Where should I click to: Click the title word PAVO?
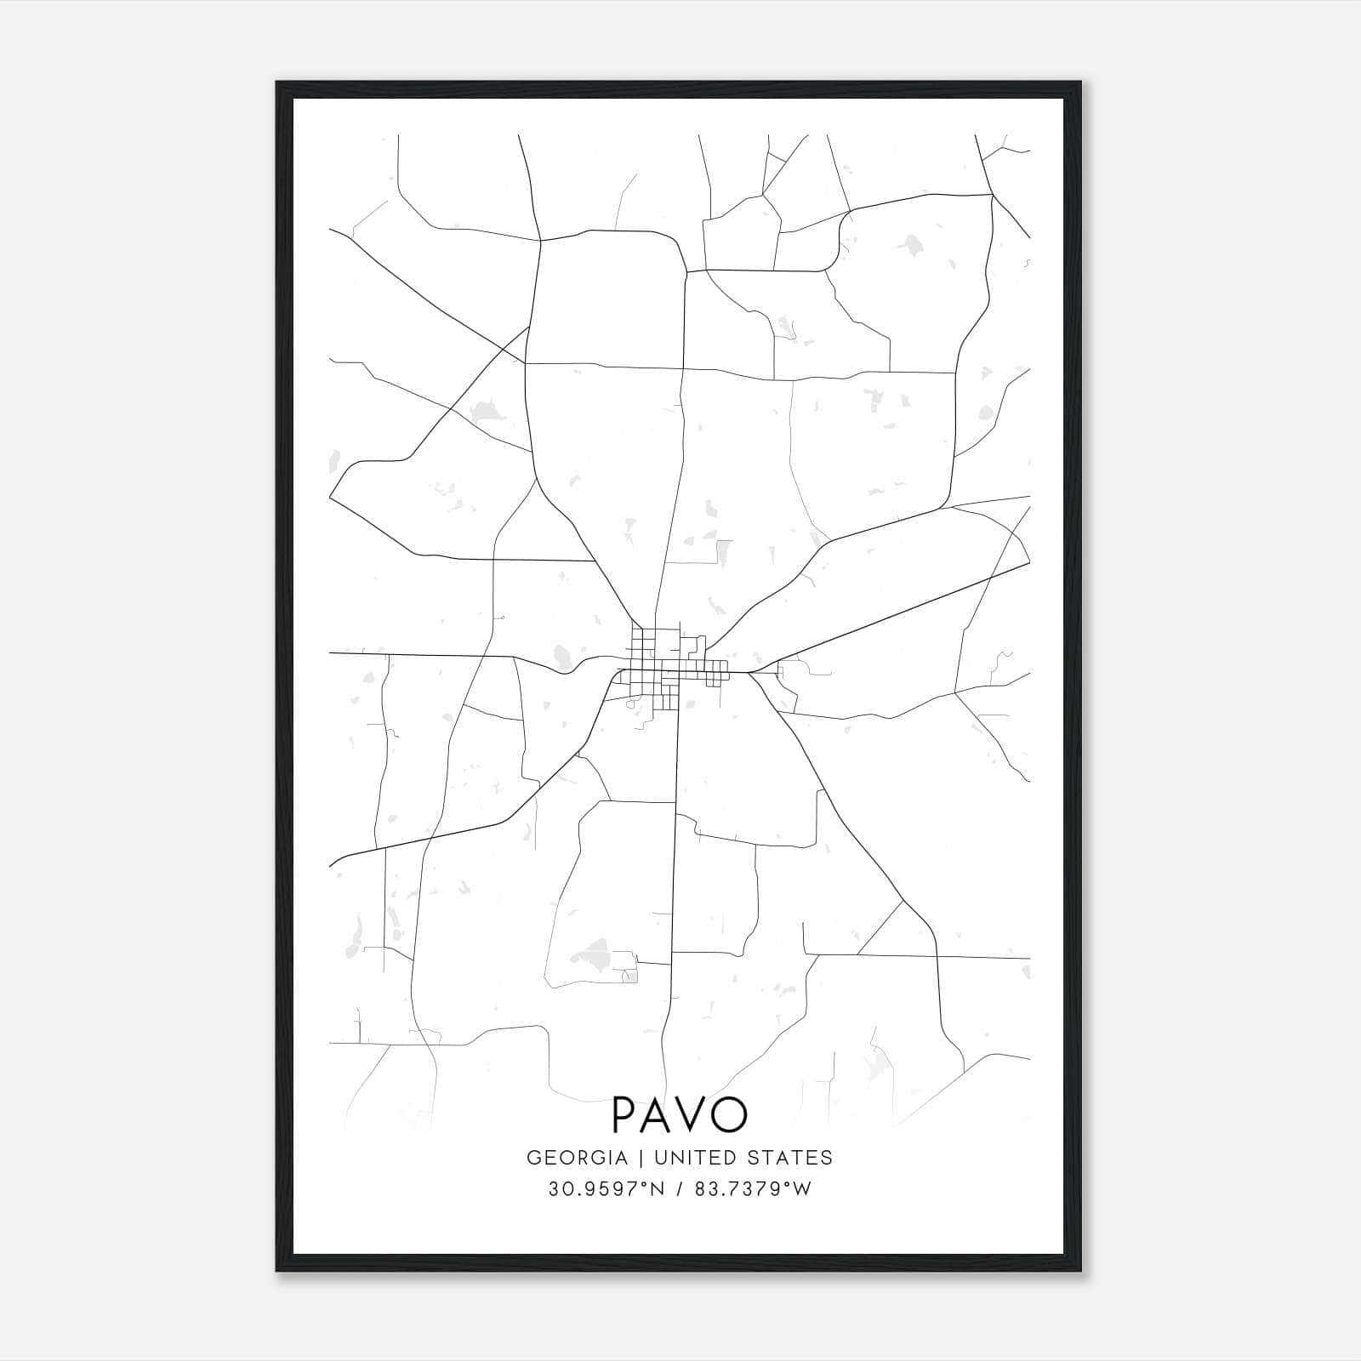point(680,1115)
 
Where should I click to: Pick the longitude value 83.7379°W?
point(753,1189)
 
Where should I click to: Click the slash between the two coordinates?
point(680,1189)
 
